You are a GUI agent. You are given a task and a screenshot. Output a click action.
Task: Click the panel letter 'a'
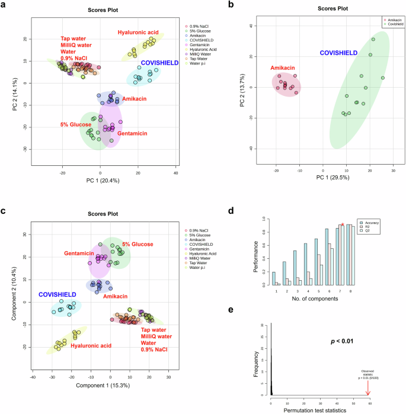click(x=5, y=5)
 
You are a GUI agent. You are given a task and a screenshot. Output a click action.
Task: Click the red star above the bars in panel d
click(x=342, y=224)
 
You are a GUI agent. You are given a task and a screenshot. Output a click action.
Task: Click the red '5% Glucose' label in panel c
click(x=138, y=244)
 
